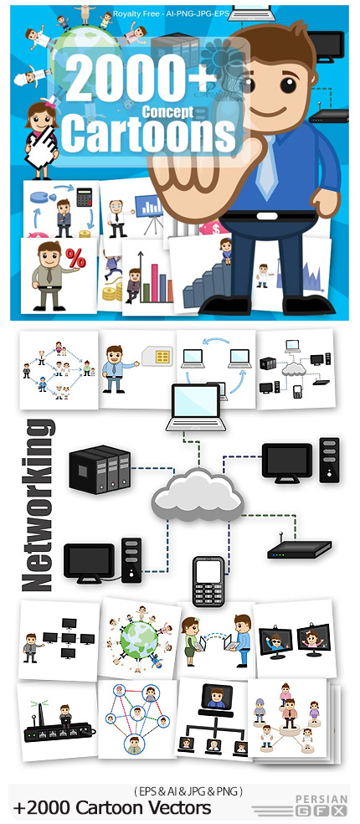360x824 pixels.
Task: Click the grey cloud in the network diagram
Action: coord(197,495)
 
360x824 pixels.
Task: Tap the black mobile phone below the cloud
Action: coord(208,581)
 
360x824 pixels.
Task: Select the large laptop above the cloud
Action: coord(196,407)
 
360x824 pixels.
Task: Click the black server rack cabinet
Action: coord(100,469)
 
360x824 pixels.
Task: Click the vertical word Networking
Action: coord(38,504)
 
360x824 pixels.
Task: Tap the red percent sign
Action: coord(75,258)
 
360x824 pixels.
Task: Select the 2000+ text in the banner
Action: coord(137,79)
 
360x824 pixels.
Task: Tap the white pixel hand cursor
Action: coord(42,147)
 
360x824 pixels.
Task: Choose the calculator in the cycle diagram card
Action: coord(84,197)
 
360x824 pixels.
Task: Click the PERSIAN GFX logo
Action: coord(321,805)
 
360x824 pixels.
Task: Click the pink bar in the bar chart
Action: coord(155,283)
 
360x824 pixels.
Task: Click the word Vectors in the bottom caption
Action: coord(178,807)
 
